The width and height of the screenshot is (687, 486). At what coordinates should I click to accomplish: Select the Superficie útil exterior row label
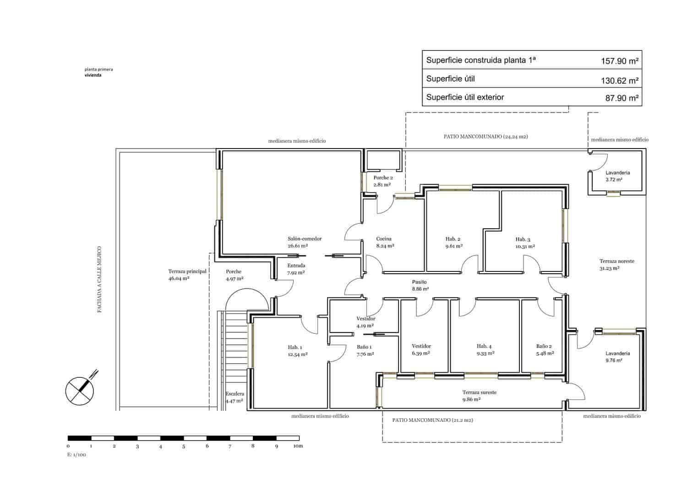tap(464, 97)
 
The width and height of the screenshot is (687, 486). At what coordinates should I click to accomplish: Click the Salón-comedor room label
tap(305, 239)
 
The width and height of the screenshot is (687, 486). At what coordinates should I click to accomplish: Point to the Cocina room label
tap(384, 239)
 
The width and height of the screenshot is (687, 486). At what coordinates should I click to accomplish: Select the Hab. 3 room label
tap(523, 239)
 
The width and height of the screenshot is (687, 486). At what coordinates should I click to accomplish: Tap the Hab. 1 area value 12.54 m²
tap(298, 354)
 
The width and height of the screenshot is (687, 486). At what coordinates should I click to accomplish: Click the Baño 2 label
tap(544, 347)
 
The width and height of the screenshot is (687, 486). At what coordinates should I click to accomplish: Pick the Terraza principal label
tap(187, 271)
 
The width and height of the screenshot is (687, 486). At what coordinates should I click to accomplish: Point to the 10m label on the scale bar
tap(298, 446)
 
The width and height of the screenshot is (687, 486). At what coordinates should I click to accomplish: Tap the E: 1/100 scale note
tap(76, 455)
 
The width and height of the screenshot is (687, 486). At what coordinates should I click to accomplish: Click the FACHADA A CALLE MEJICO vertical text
tap(99, 280)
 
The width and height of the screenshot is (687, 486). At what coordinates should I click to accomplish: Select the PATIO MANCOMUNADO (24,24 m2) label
tap(485, 137)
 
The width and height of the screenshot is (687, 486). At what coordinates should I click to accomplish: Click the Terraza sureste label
tap(479, 392)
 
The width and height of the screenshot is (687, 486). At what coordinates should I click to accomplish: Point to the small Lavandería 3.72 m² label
tap(617, 173)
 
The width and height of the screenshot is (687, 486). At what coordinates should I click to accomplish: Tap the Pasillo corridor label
tap(420, 282)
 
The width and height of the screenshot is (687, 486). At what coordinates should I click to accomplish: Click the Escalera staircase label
tap(234, 394)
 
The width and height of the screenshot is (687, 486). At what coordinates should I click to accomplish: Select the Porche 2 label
tap(383, 178)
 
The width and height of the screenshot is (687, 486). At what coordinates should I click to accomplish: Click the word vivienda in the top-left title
tap(93, 75)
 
